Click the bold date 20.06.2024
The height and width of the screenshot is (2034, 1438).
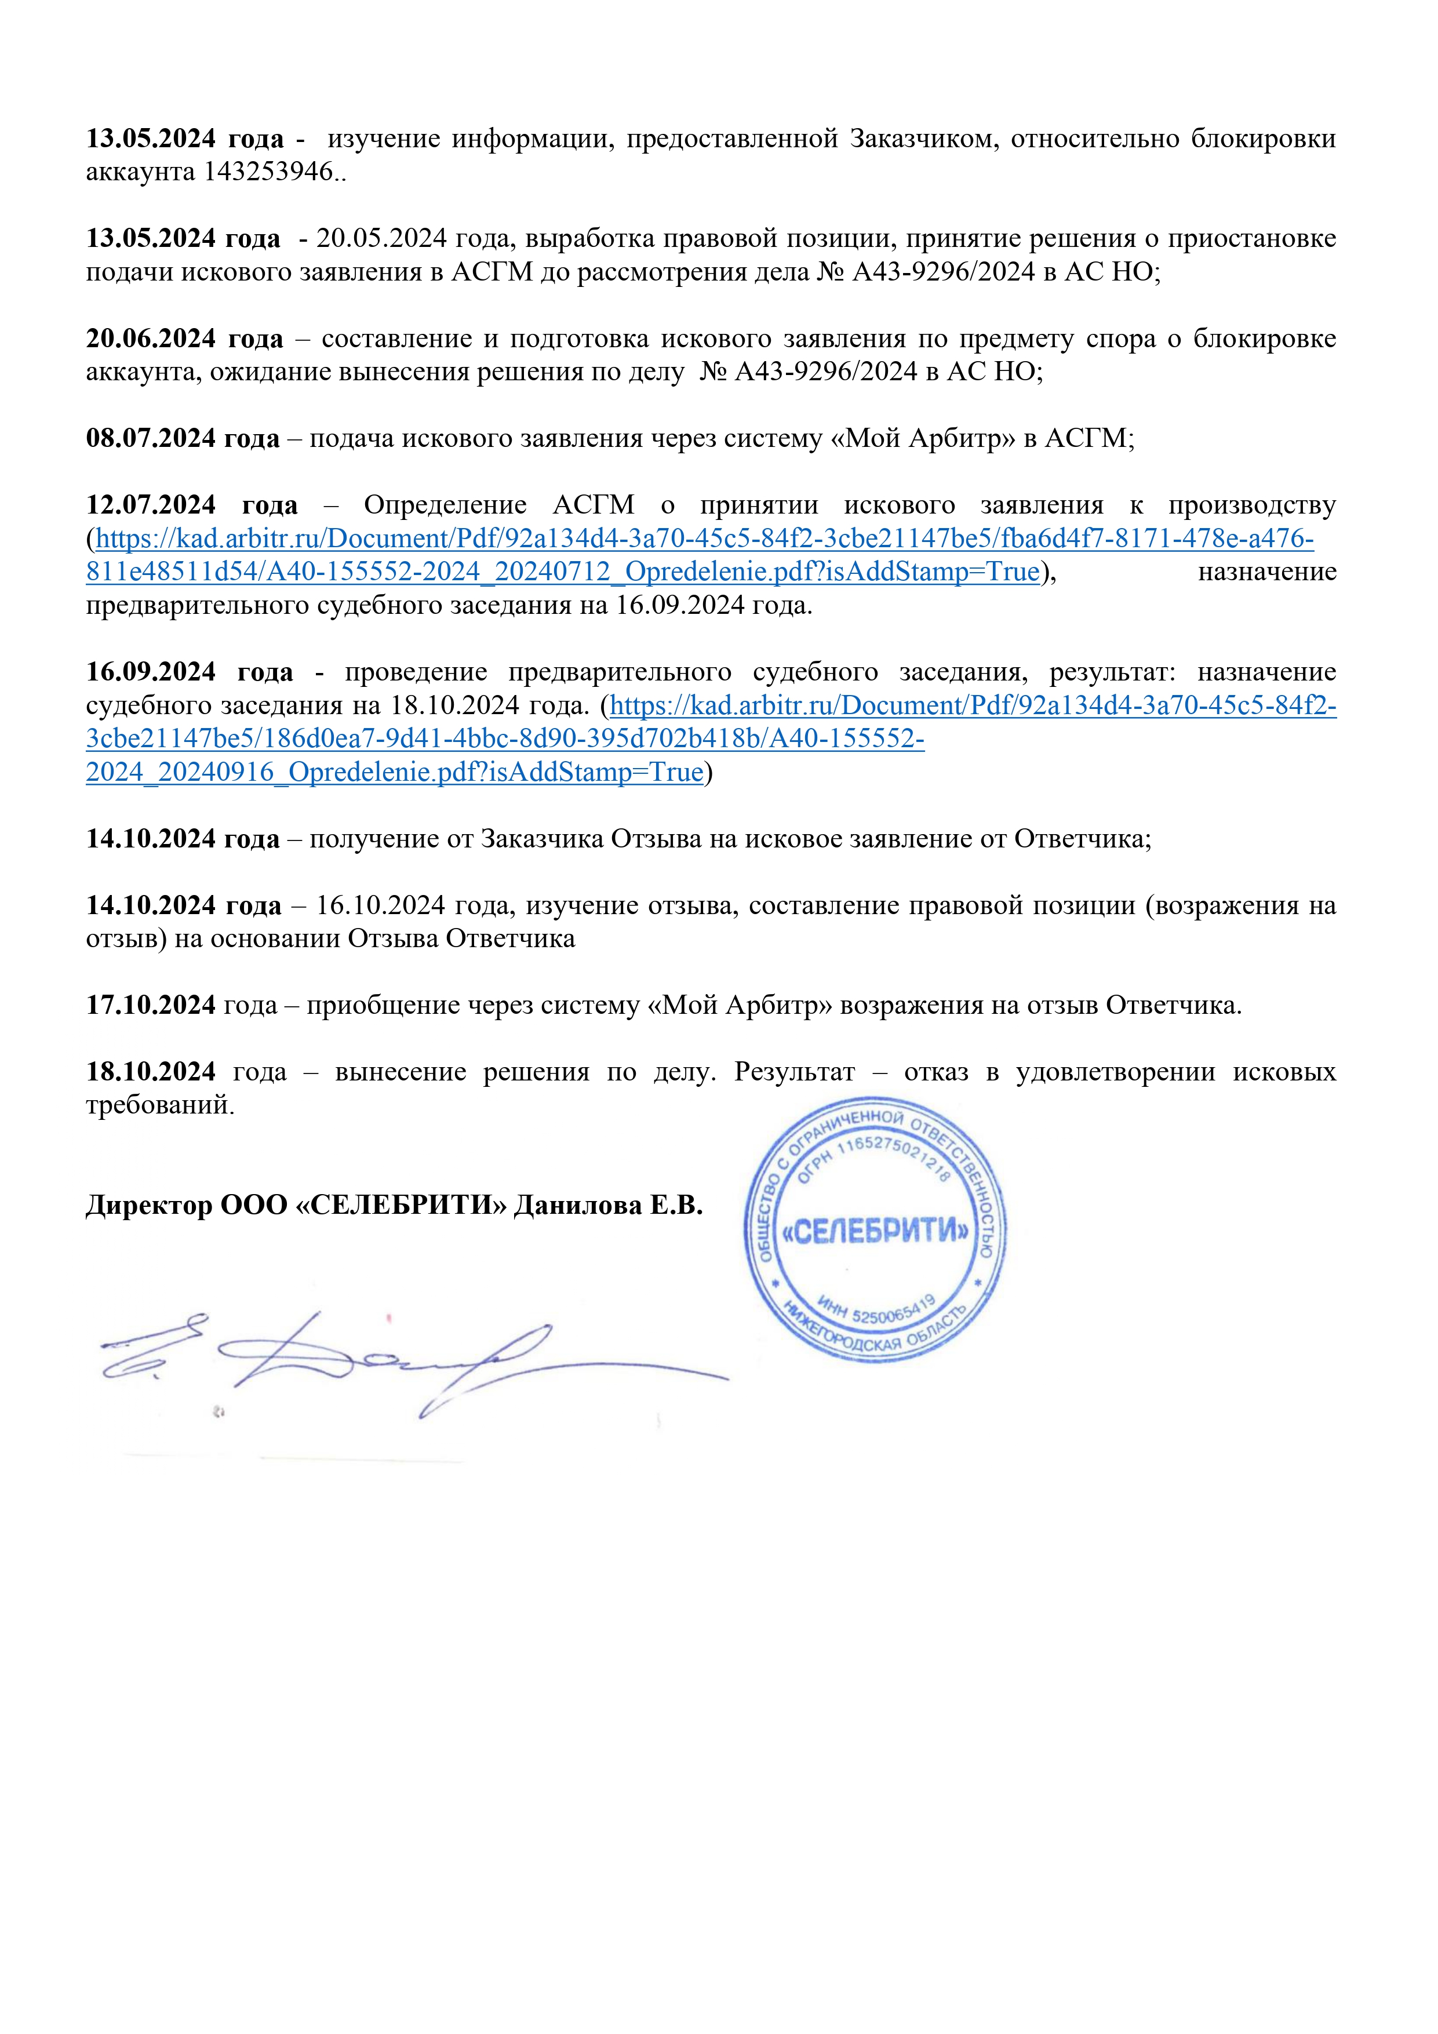pos(151,339)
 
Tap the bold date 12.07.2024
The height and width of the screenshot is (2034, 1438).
pos(151,505)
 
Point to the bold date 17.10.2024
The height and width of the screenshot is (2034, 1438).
pos(151,1005)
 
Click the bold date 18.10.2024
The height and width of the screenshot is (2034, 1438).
pos(151,1072)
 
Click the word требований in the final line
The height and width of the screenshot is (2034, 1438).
pos(159,1105)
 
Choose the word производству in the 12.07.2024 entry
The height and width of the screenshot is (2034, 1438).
pos(1251,505)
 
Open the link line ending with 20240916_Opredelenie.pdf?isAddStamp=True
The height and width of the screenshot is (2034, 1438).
pos(394,773)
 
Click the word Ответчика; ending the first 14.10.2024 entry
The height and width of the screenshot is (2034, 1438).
pos(1082,838)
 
